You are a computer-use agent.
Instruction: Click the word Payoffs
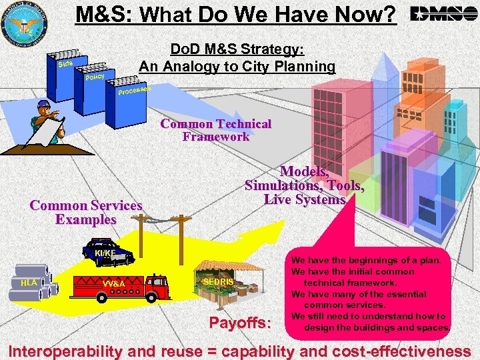[x=240, y=324]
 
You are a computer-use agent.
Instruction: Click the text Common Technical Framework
[x=215, y=130]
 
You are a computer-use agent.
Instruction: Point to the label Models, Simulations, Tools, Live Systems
[x=304, y=179]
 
